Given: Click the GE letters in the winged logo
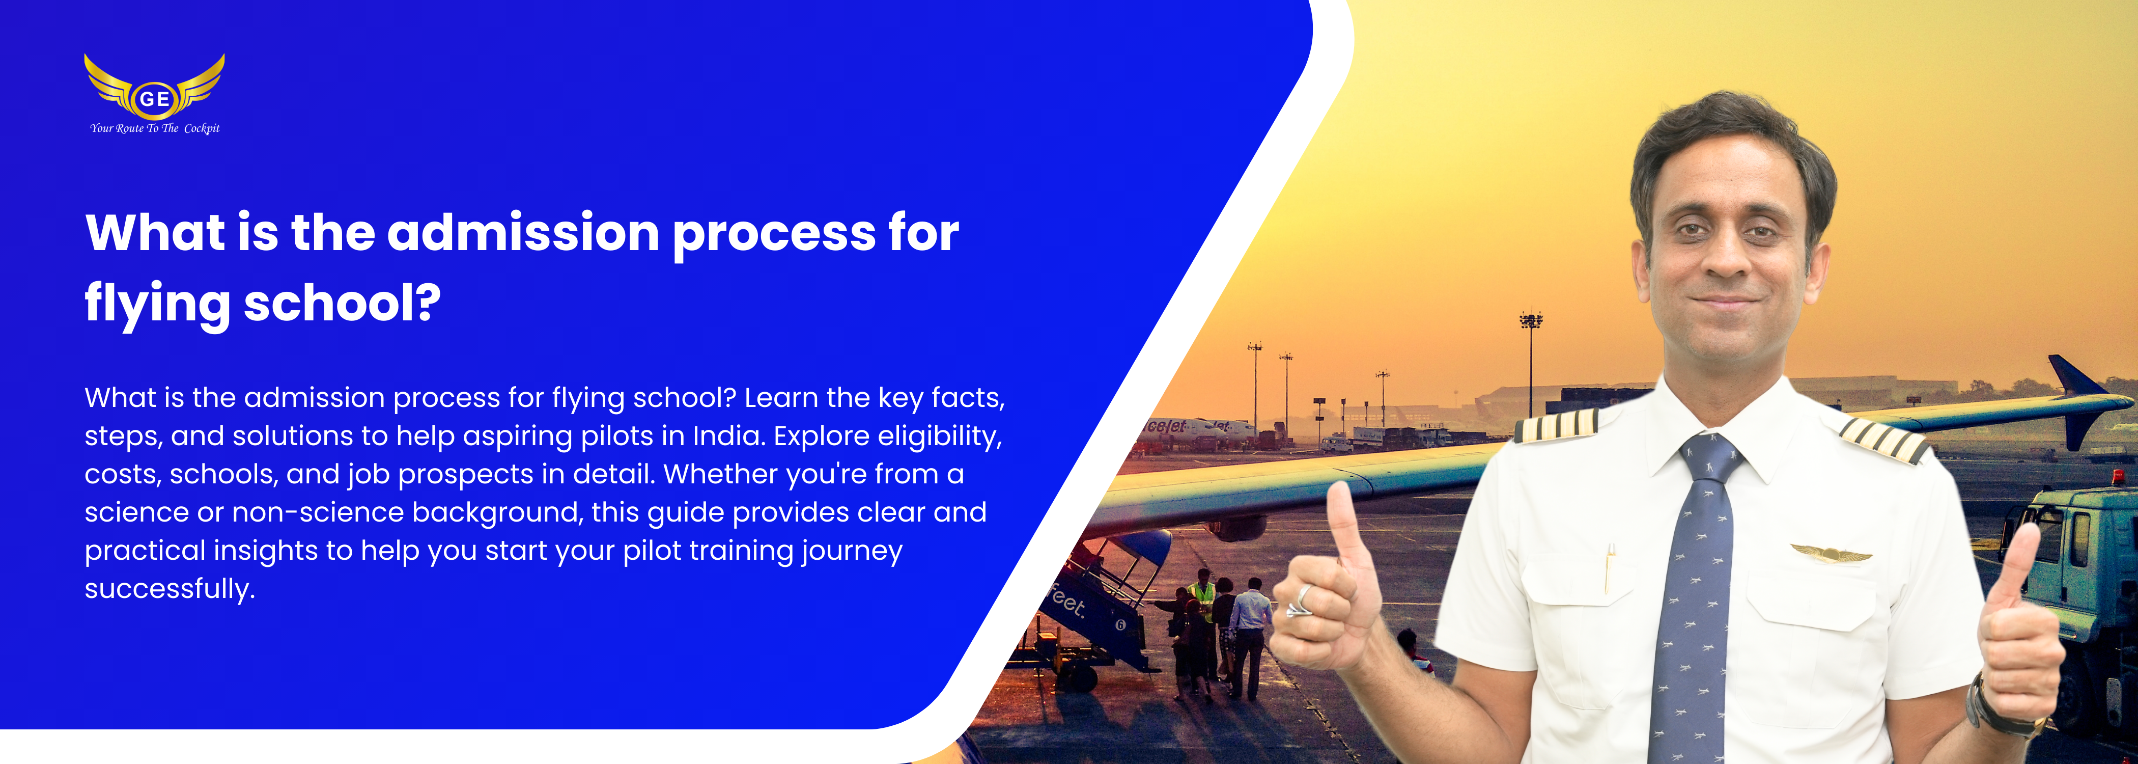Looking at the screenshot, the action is coord(154,99).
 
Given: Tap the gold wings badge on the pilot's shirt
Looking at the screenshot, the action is coord(1831,553).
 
